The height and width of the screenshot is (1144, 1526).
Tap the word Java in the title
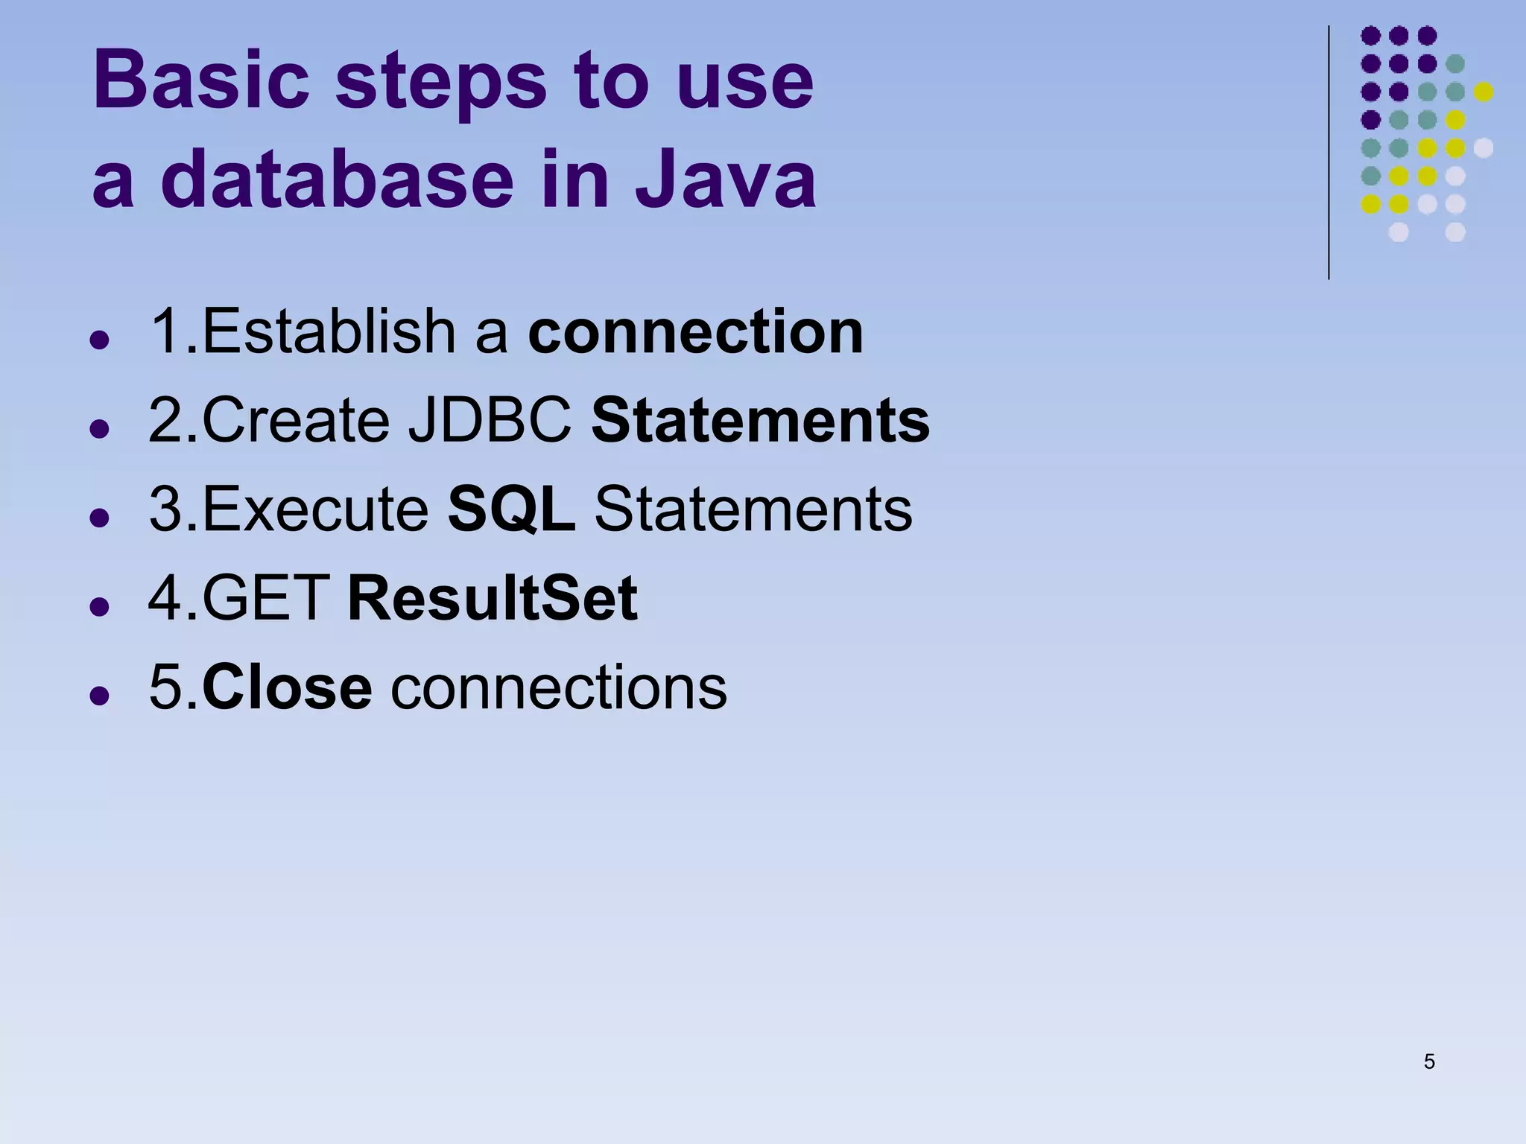(x=726, y=179)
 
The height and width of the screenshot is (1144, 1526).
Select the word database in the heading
(x=337, y=179)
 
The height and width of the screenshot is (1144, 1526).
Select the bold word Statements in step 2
(x=760, y=421)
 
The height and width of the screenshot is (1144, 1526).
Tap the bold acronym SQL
(x=511, y=509)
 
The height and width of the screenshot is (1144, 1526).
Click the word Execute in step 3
(x=315, y=509)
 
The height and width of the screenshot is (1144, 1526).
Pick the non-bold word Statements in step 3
(x=753, y=509)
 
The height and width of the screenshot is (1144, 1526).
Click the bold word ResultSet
(x=493, y=598)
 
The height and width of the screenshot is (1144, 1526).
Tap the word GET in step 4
(x=266, y=598)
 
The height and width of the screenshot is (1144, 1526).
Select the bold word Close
(x=287, y=687)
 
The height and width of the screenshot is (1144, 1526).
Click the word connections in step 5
(x=559, y=687)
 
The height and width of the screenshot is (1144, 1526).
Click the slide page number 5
(x=1428, y=1061)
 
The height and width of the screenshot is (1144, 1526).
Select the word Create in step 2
(x=296, y=421)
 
